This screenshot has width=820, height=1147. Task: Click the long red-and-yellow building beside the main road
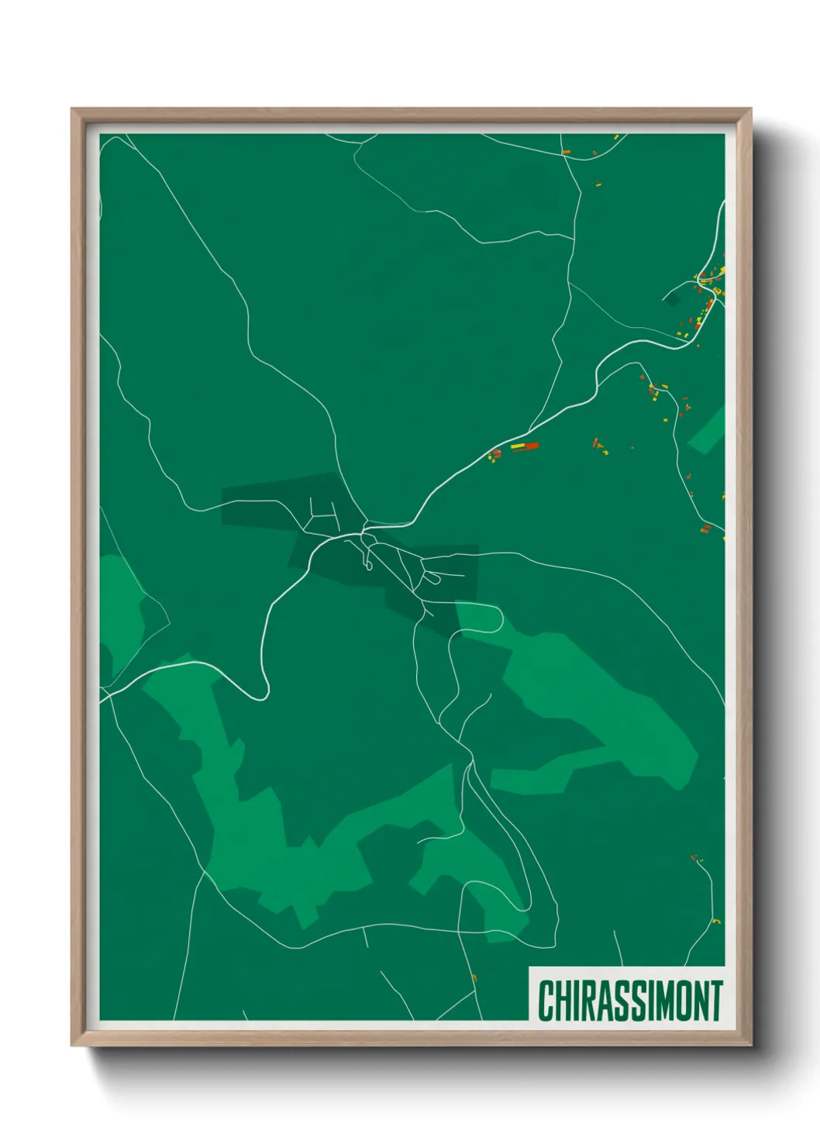[x=524, y=446]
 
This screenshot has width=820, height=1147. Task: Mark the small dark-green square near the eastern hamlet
[x=672, y=299]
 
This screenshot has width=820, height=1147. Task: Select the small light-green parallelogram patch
[x=707, y=430]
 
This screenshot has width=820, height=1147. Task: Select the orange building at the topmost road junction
[x=566, y=151]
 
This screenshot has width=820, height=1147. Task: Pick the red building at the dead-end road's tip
[x=694, y=857]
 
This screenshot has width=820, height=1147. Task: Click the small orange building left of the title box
[x=474, y=977]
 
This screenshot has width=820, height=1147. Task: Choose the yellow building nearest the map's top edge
[x=616, y=138]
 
